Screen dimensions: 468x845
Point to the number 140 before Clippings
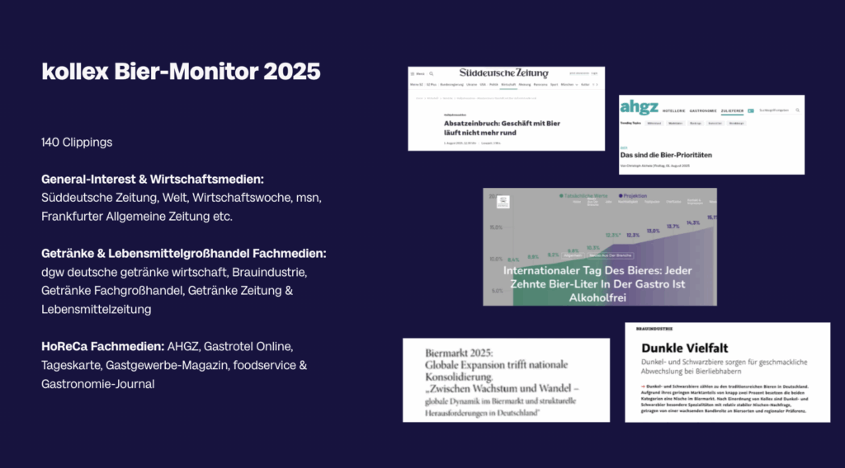[53, 143]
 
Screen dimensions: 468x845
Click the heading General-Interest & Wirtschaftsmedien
[152, 179]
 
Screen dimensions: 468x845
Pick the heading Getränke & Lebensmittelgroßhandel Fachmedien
[183, 253]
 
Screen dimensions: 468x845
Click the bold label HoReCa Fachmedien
[101, 346]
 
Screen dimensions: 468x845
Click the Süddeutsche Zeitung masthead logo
[503, 73]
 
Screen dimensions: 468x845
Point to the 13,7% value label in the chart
[673, 226]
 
